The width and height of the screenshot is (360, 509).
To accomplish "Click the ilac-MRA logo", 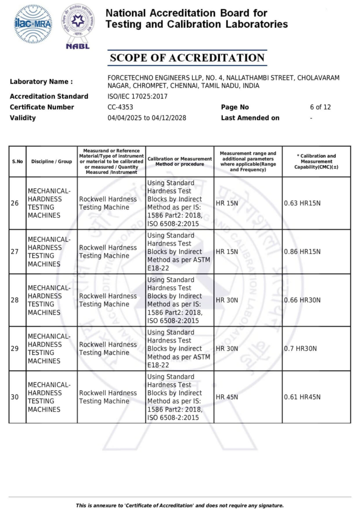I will [x=33, y=24].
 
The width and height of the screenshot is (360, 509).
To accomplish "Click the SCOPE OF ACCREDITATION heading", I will [x=187, y=58].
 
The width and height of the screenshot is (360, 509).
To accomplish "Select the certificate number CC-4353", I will [x=120, y=107].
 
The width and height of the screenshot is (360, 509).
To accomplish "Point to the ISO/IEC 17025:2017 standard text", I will [x=137, y=96].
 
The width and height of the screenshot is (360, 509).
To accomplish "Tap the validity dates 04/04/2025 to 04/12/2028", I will [x=147, y=118].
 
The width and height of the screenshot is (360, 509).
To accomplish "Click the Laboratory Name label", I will [x=41, y=82].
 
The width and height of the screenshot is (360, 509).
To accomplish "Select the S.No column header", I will [x=17, y=162].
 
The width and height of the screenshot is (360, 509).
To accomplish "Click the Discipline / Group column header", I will [x=51, y=162].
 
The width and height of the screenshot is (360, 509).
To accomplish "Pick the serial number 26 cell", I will [x=15, y=203].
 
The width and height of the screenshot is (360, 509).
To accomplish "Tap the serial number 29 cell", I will [x=15, y=348].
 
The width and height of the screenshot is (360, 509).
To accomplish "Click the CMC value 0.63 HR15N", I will [x=302, y=203].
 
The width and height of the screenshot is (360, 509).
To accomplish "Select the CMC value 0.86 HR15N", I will [x=302, y=252].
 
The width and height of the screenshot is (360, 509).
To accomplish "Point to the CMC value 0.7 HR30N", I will [x=300, y=348].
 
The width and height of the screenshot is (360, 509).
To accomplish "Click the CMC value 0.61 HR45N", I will [x=302, y=397].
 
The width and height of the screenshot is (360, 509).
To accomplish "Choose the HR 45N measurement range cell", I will [x=227, y=397].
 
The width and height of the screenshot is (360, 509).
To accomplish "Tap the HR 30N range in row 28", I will [x=227, y=300].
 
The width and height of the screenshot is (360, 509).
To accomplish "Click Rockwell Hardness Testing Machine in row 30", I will [x=108, y=397].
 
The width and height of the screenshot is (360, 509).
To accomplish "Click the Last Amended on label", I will [x=250, y=118].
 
